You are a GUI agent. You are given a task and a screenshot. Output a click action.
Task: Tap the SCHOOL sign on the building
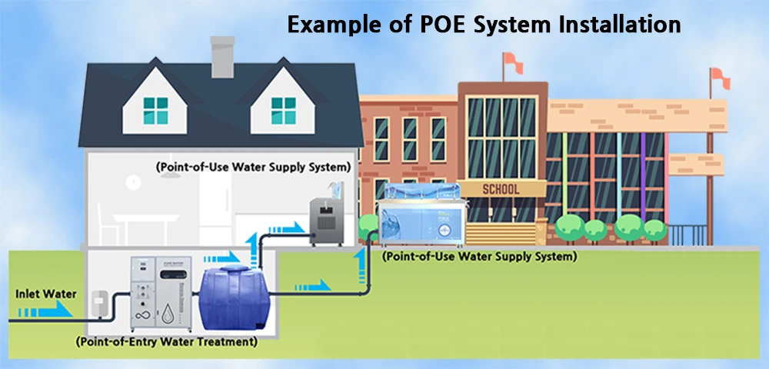tap(501, 189)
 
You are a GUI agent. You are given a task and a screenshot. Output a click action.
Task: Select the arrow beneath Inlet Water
tap(46, 311)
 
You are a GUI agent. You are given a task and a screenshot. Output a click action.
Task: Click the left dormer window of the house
tap(155, 111)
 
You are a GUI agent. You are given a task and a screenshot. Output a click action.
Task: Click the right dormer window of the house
tap(281, 111)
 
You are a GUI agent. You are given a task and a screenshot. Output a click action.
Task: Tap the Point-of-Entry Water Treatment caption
tap(166, 341)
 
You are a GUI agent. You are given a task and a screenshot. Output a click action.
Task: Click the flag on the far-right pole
tap(720, 75)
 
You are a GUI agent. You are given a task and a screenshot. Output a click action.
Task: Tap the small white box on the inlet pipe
tap(99, 302)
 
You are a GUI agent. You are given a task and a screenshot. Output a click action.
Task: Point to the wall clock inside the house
tap(135, 181)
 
